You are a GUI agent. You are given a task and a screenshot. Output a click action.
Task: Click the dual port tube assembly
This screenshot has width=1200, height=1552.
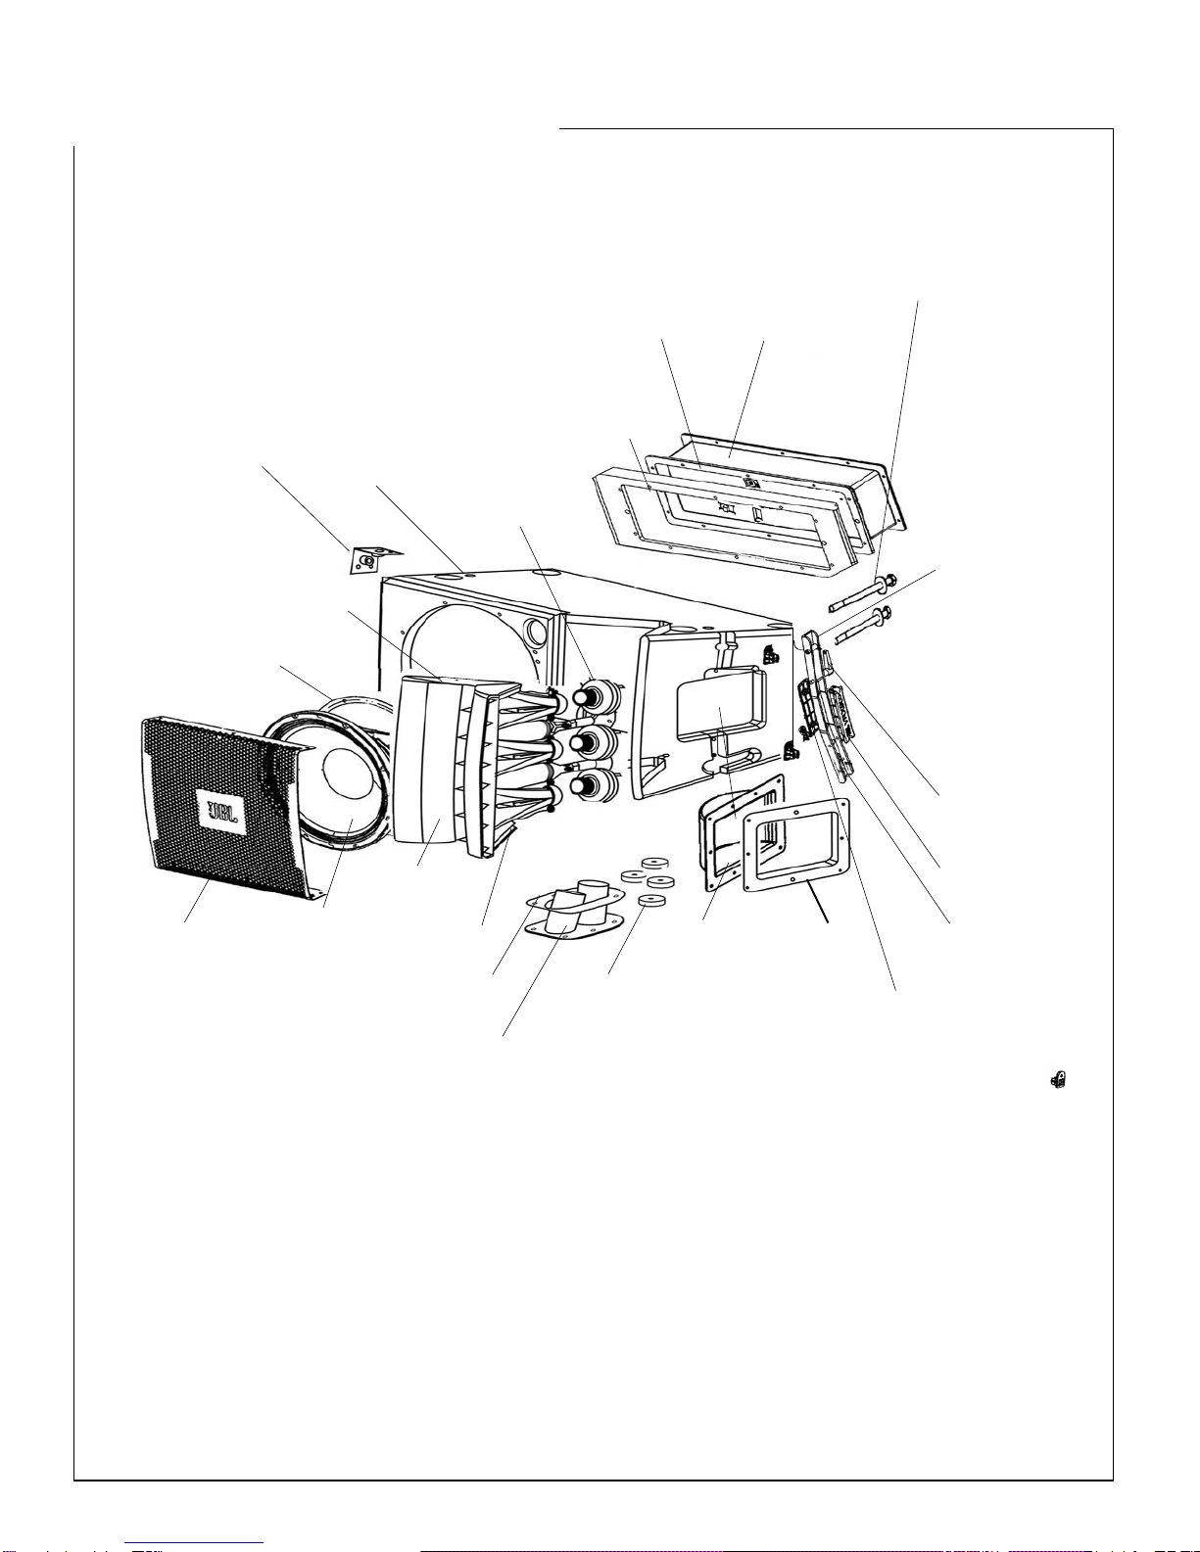coord(575,907)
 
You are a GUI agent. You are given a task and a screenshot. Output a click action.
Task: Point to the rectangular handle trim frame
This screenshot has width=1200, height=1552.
coord(795,846)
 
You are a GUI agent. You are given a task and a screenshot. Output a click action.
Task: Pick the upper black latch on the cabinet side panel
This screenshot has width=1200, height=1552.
coord(771,653)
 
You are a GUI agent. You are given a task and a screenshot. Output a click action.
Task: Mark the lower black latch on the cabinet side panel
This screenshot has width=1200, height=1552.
coord(791,751)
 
